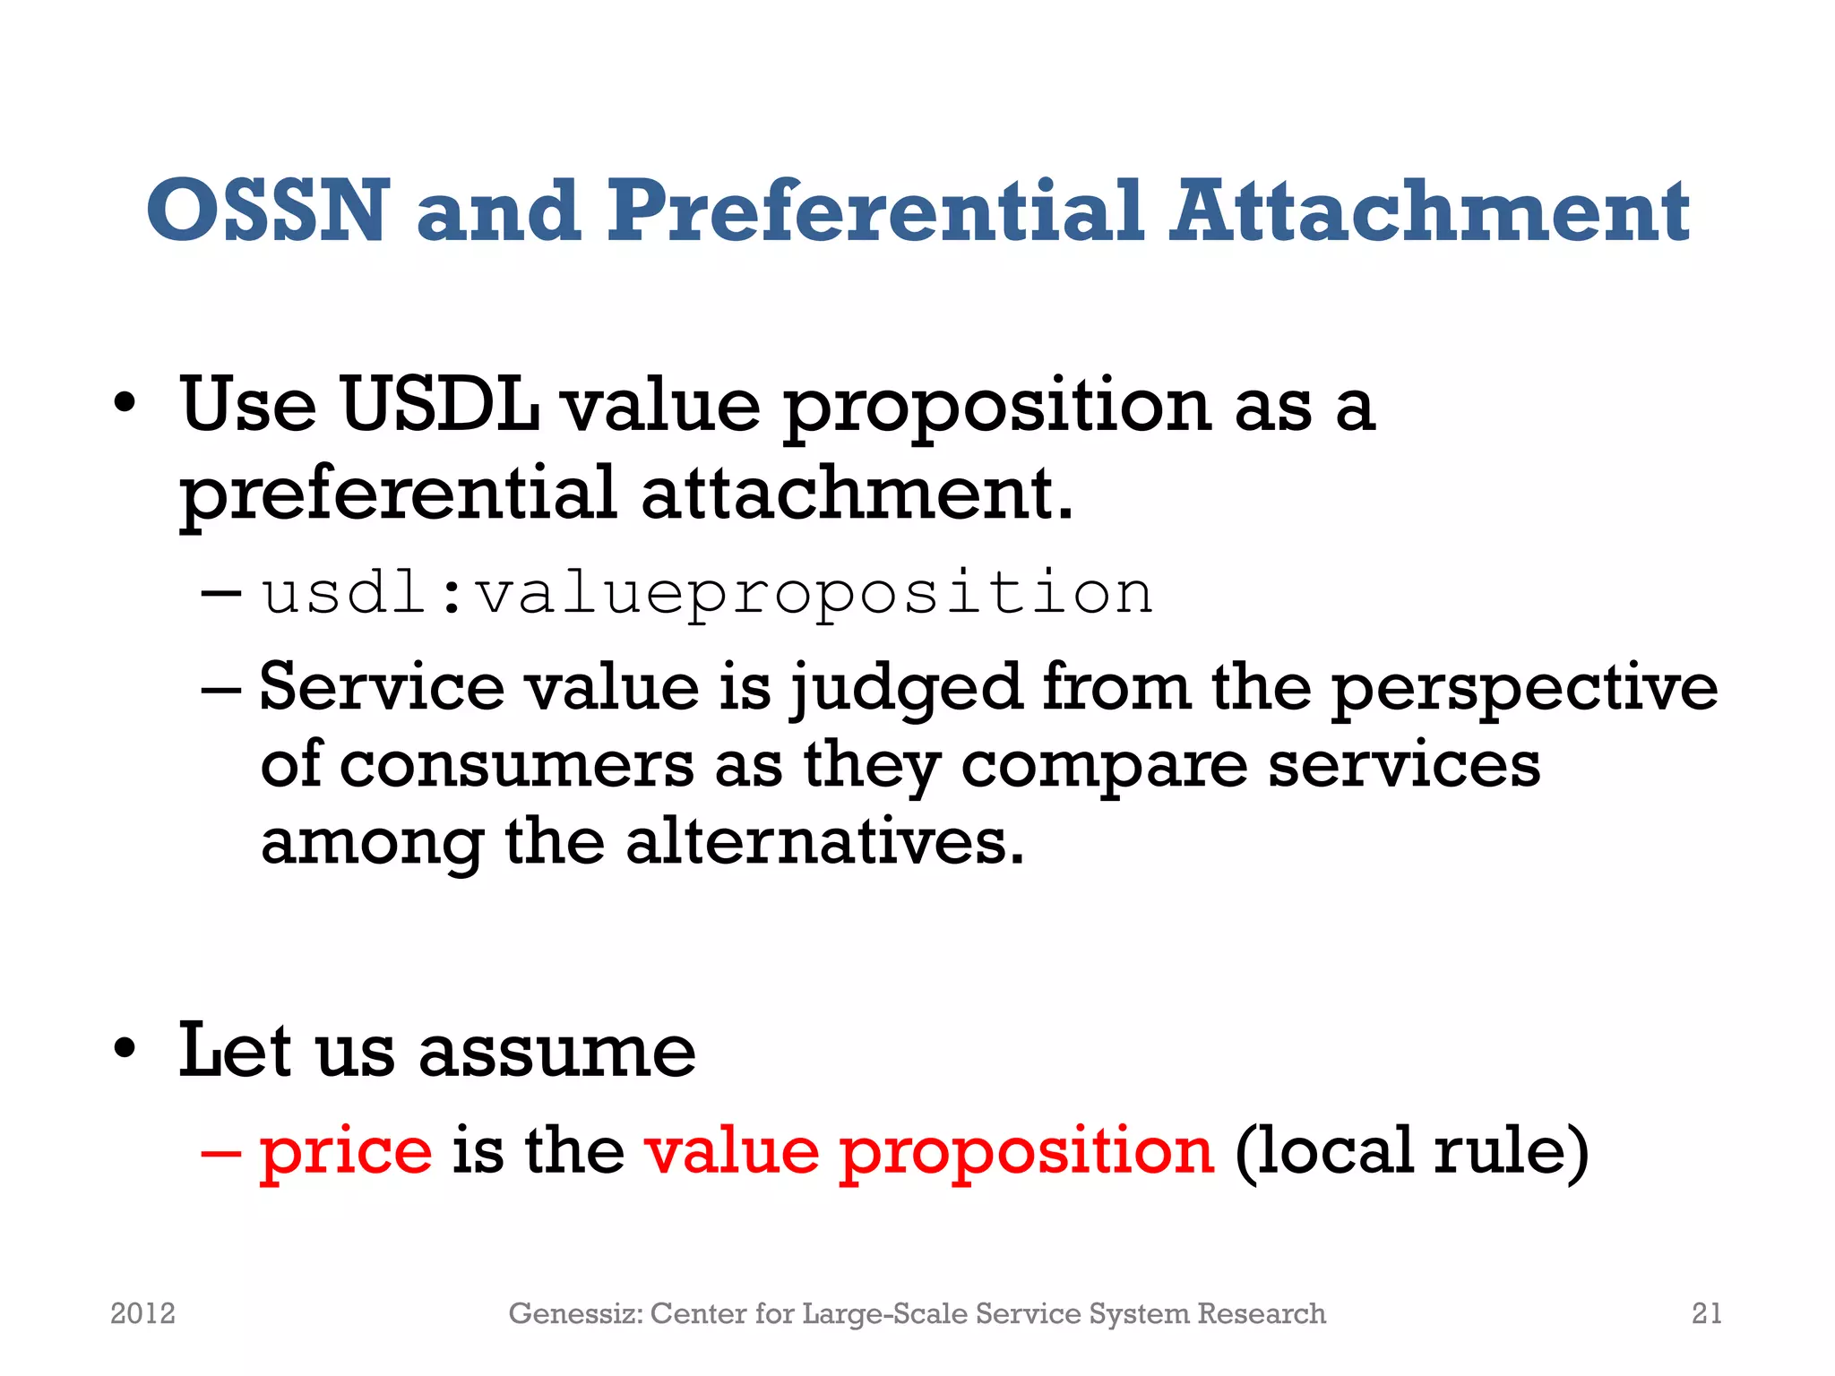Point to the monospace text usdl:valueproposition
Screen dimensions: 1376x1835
click(706, 594)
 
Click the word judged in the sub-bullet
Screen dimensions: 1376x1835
click(906, 688)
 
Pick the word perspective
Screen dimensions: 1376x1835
click(1523, 688)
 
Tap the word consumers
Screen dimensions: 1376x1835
click(517, 766)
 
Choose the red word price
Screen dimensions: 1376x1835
click(346, 1151)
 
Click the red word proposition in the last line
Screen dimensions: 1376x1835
click(1027, 1151)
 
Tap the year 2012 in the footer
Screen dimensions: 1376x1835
click(142, 1313)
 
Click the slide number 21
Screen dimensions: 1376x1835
click(1706, 1313)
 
